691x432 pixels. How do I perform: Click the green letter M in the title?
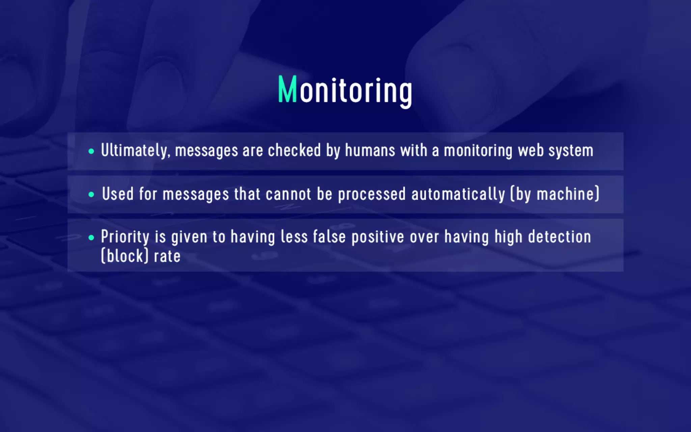[x=287, y=89]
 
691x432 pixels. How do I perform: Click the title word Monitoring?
[x=345, y=90]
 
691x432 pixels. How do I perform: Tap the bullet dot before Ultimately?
[x=91, y=151]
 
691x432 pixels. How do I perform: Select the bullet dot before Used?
[x=91, y=194]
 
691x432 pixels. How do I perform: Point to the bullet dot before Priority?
[x=91, y=238]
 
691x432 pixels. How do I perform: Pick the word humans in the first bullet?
[x=370, y=151]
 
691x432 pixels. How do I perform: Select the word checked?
[x=294, y=151]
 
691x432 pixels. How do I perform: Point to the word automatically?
[x=458, y=194]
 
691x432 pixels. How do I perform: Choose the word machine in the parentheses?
[x=568, y=194]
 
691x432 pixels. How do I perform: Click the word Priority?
[x=125, y=237]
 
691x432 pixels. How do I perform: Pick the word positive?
[x=378, y=237]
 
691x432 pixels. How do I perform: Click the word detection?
[x=559, y=237]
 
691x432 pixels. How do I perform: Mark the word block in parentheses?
[x=125, y=256]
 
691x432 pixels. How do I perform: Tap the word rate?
[x=167, y=256]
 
